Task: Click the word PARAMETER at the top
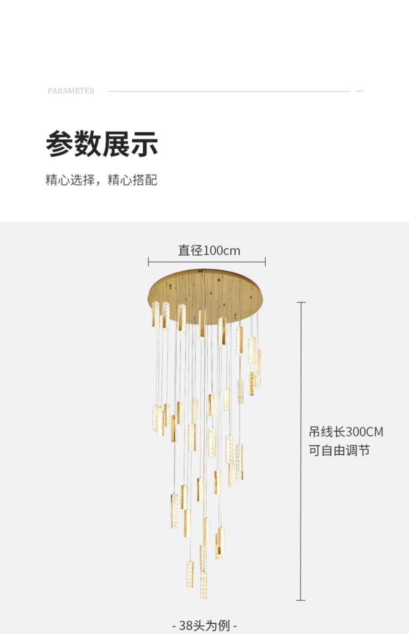(x=71, y=91)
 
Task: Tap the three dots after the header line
(x=360, y=91)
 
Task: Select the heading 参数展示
(x=102, y=144)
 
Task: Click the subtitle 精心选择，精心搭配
(x=101, y=180)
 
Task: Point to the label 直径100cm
(x=209, y=251)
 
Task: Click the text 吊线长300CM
(x=346, y=432)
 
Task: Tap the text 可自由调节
(x=339, y=451)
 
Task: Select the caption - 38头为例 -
(x=205, y=625)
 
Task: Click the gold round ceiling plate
(x=207, y=287)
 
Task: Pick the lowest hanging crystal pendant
(x=203, y=585)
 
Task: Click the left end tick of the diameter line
(x=148, y=262)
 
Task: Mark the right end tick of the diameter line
(x=265, y=262)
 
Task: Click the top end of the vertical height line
(x=301, y=303)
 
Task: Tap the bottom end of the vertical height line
(x=301, y=600)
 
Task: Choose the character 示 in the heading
(x=144, y=144)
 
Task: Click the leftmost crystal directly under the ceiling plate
(x=155, y=314)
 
